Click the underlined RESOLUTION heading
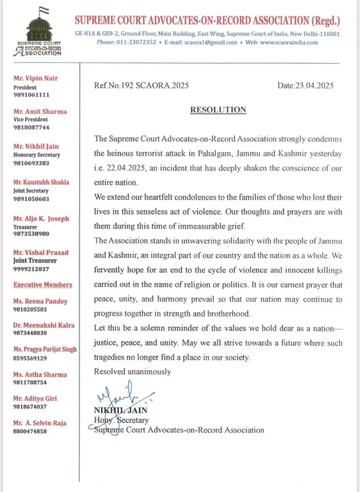pos(218,110)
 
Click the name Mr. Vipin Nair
pos(36,78)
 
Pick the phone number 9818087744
pos(31,128)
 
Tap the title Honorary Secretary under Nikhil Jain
pos(36,155)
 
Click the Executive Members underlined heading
pos(43,284)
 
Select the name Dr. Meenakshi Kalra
pos(44,325)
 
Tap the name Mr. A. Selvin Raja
pos(40,423)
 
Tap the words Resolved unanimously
pos(132,371)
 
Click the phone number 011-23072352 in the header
pos(135,42)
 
